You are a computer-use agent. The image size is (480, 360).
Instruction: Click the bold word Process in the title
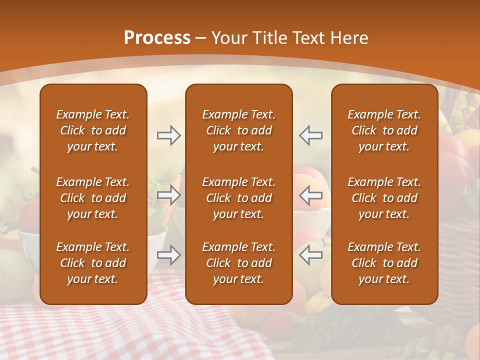pos(157,37)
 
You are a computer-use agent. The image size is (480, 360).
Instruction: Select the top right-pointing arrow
pos(168,135)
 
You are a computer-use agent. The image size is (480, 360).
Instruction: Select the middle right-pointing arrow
pos(168,195)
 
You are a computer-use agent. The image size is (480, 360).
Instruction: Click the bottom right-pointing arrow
pos(168,255)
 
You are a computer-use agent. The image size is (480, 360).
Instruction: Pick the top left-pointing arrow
pos(311,135)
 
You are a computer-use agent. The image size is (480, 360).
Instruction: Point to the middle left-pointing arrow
pos(311,195)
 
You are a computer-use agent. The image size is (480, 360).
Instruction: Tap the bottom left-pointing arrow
pos(311,255)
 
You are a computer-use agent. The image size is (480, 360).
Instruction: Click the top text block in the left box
pos(93,130)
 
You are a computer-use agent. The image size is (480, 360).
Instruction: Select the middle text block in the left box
pos(93,198)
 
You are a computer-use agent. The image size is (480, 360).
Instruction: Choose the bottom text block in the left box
pos(93,263)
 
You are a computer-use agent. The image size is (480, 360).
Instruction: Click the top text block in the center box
pos(239,130)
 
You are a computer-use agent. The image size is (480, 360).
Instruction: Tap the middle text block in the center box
pos(239,198)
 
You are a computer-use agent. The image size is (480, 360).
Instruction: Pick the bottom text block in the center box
pos(239,263)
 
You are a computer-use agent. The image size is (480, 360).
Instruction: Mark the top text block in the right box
pos(384,130)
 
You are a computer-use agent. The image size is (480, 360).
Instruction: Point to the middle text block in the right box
pos(384,198)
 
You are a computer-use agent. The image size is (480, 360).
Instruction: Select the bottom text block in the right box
pos(384,263)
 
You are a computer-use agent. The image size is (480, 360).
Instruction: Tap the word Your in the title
pos(228,38)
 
